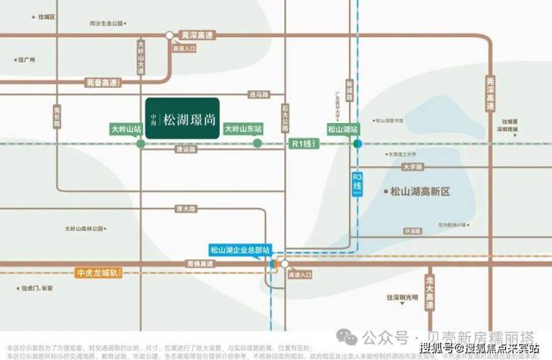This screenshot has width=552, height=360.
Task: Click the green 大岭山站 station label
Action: [x=125, y=128]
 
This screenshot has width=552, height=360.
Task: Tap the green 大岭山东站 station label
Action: [x=243, y=128]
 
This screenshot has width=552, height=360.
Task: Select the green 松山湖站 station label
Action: [x=343, y=128]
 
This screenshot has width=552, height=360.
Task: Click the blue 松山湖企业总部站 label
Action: [x=239, y=250]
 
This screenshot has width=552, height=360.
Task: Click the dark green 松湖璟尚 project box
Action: [x=183, y=119]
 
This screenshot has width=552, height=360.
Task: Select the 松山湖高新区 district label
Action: [x=421, y=192]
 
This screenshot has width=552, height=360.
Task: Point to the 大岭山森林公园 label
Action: [x=87, y=229]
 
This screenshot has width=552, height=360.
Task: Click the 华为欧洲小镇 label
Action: [x=452, y=224]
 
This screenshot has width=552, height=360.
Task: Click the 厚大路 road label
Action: [x=183, y=209]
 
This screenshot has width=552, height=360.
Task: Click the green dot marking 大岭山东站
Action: [x=257, y=143]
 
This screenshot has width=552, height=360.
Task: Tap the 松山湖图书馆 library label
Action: [x=389, y=120]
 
